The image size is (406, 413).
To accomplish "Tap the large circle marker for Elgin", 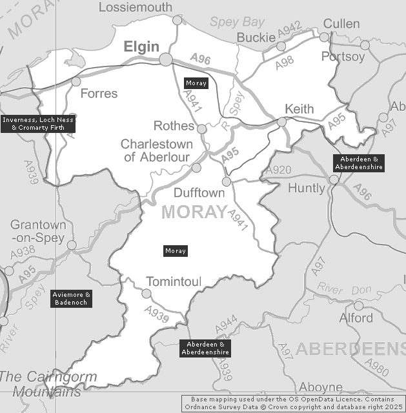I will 166,59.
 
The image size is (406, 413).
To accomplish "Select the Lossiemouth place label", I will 134,7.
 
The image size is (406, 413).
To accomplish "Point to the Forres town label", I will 99,94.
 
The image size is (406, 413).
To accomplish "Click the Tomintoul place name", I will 174,281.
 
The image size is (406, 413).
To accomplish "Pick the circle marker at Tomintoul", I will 147,294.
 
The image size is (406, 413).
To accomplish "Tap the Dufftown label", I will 199,193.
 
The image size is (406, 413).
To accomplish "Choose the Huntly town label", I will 307,189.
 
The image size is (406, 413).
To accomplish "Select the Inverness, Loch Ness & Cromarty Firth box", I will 38,124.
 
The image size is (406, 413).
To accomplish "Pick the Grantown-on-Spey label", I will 38,232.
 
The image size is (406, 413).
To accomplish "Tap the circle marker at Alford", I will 359,305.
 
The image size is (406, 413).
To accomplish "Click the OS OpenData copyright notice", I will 294,403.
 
